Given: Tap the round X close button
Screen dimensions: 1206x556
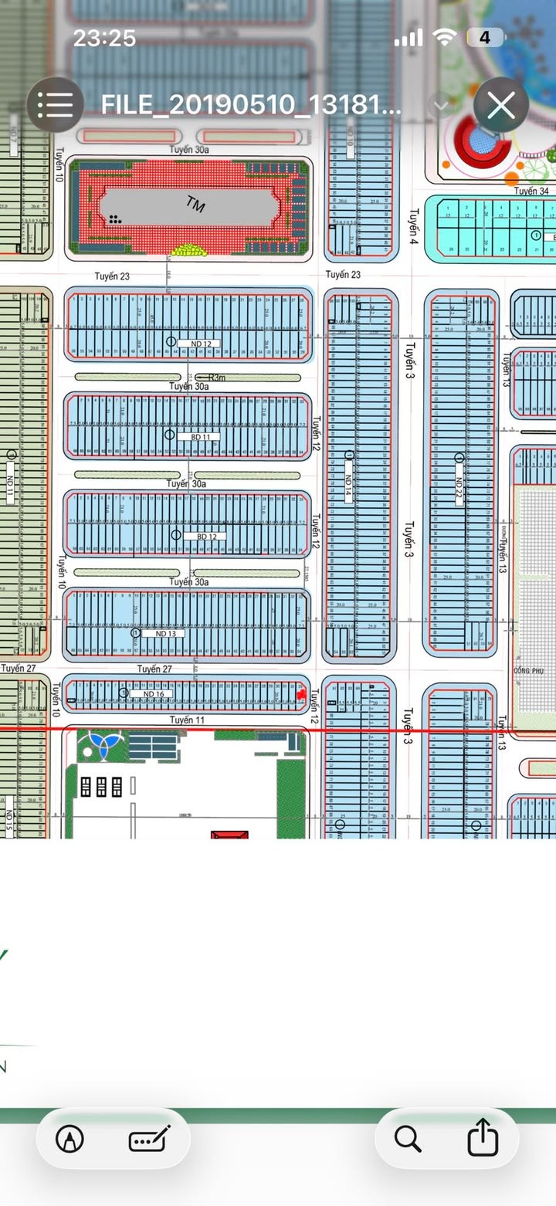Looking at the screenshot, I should point(501,106).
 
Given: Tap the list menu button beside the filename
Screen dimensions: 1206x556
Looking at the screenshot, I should point(55,106).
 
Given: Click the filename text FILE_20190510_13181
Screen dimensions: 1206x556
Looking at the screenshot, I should point(251,106).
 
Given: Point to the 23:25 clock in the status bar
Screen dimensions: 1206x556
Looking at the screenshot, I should point(103,38).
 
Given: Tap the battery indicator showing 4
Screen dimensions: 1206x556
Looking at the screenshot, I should point(485,37).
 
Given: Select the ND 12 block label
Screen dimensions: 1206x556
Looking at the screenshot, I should point(199,343).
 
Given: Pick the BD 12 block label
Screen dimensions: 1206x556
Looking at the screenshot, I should point(205,536).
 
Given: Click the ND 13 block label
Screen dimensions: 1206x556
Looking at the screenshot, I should point(165,633).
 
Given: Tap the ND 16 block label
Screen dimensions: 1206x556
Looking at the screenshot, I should point(154,694).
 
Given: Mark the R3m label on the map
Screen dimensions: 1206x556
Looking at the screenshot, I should point(219,378).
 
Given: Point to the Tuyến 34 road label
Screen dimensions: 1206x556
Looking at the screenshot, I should point(532,191).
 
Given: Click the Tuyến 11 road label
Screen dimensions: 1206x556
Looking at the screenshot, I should point(188,720).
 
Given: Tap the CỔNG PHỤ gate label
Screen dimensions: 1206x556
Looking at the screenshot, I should point(528,671).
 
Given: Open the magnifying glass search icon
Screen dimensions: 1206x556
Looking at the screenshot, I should point(407,1139).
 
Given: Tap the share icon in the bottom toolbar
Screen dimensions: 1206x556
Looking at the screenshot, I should point(483,1139).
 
